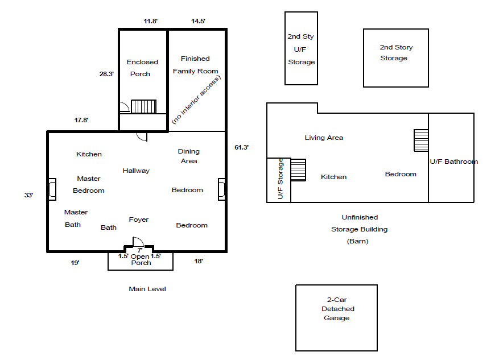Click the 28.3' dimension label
tap(107, 74)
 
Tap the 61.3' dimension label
tap(241, 147)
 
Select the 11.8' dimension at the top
tap(150, 21)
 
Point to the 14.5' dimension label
tap(198, 21)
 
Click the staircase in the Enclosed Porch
tap(143, 106)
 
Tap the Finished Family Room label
tap(195, 65)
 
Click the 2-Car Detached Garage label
tap(336, 309)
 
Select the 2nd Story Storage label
tap(396, 53)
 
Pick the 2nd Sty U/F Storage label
tap(301, 49)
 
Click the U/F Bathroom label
tap(453, 162)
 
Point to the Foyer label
tap(139, 220)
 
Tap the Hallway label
tap(136, 171)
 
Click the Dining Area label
tap(189, 156)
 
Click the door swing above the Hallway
tap(142, 136)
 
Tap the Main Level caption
tap(147, 289)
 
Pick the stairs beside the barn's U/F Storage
tap(298, 169)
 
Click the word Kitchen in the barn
tap(333, 177)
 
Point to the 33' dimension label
tap(28, 195)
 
